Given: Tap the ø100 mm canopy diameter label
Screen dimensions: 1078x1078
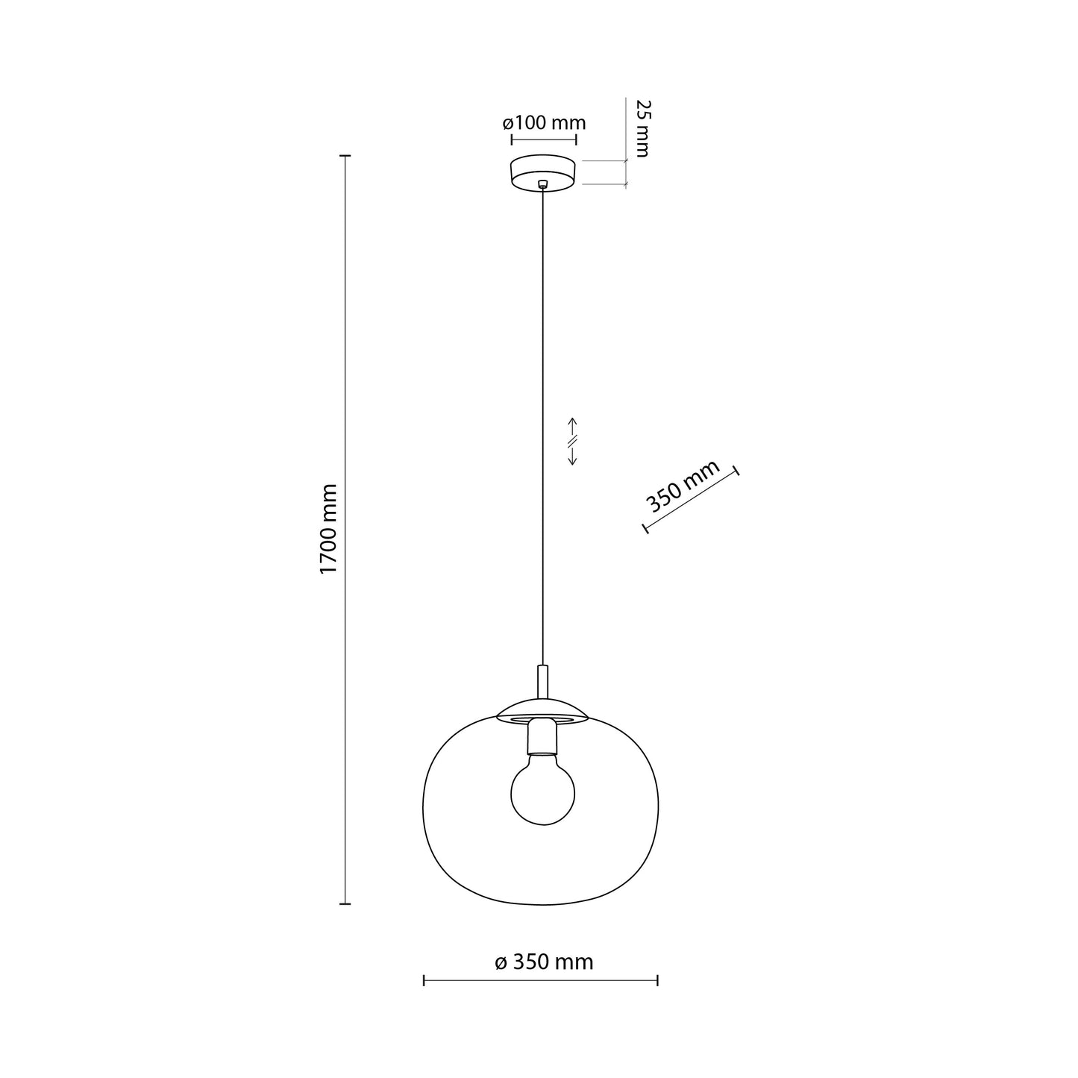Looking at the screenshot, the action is [x=544, y=122].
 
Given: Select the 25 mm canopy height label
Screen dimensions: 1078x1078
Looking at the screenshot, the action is [x=643, y=128].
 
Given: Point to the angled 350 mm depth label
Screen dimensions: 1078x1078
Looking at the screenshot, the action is [x=683, y=486].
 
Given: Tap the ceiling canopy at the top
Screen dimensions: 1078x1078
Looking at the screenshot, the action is [x=543, y=173].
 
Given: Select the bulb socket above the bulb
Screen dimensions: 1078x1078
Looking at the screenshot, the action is [x=542, y=737].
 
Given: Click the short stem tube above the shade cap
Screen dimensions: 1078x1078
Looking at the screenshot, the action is [x=542, y=681].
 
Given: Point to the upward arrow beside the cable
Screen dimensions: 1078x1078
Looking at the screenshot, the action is [x=571, y=427].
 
